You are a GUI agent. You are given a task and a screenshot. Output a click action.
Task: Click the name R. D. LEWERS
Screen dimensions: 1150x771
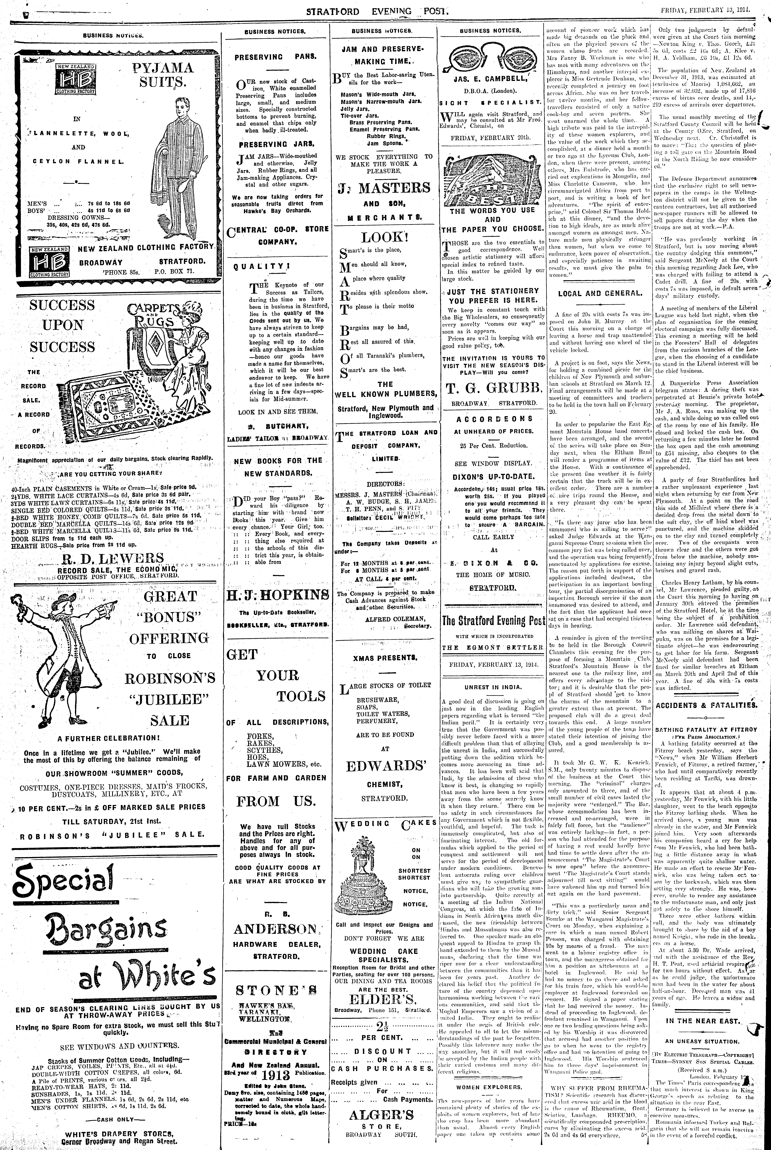(x=113, y=558)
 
